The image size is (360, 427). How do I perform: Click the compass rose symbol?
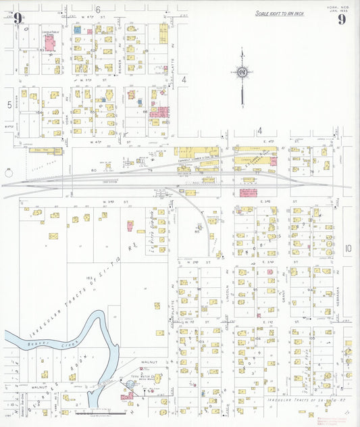tap(241, 72)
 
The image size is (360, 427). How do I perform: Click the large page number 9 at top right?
tap(342, 19)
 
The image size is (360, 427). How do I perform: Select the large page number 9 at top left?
tap(17, 19)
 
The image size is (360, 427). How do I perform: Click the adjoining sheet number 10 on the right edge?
tap(347, 248)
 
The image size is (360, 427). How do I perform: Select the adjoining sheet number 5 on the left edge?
tap(9, 104)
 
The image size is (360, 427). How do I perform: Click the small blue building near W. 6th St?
tap(78, 30)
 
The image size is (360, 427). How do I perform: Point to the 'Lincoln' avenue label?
tap(224, 297)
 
